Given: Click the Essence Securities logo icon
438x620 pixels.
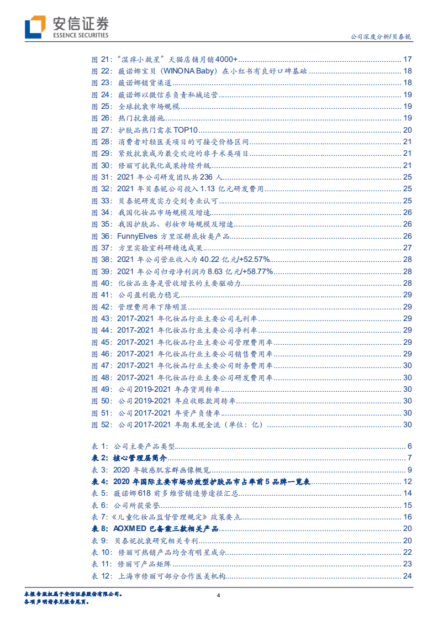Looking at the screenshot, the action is [34, 26].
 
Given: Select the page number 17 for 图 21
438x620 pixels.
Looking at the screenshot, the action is [408, 60].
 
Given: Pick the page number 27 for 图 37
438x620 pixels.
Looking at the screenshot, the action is [408, 248].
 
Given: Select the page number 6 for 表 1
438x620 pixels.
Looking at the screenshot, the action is [410, 446].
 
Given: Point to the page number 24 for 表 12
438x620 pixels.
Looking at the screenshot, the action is [408, 576].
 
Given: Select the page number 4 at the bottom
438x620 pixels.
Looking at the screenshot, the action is [219, 596].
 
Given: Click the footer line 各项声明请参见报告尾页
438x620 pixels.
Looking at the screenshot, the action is [56, 602].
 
